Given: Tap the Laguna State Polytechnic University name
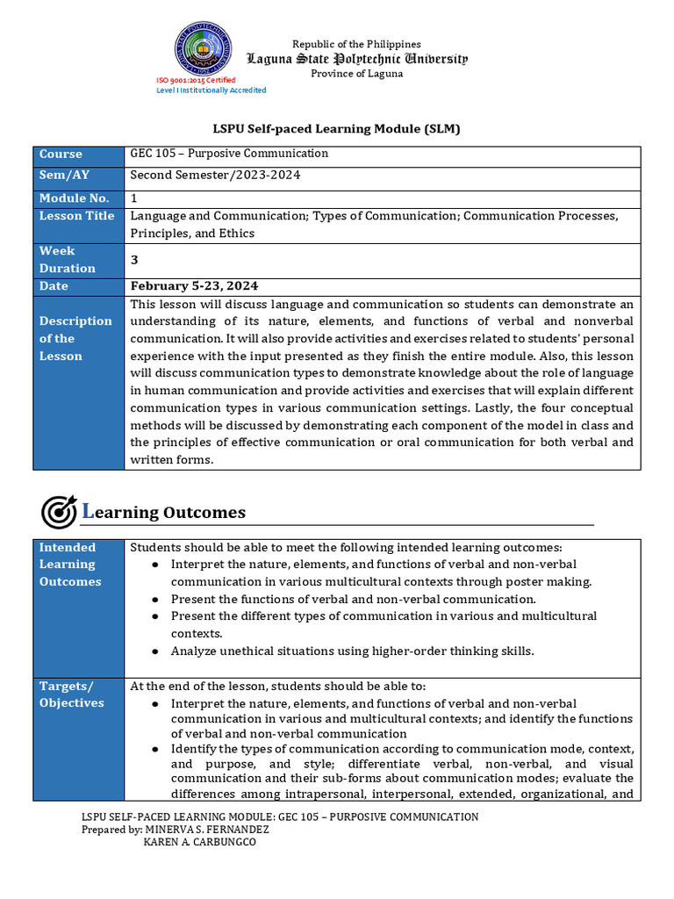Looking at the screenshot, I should [x=357, y=59].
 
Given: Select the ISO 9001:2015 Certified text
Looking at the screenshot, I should [x=196, y=80].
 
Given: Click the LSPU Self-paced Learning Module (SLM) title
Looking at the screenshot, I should [x=337, y=129].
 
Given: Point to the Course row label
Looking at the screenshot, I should [x=61, y=154].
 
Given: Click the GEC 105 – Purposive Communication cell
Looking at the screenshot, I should [x=229, y=154].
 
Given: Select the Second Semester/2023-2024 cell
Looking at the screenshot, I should [x=215, y=175].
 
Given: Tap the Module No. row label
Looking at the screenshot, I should [x=74, y=198].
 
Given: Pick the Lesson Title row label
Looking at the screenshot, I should [x=76, y=216].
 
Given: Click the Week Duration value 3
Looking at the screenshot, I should [x=134, y=260].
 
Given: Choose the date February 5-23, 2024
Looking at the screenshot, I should [x=194, y=286].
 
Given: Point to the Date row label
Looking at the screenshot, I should [x=54, y=286].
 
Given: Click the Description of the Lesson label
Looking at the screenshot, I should [x=75, y=338].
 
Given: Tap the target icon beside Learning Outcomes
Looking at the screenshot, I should [x=60, y=512].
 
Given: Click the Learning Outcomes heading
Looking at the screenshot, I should [x=164, y=512].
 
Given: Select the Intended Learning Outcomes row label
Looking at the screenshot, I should [x=70, y=565].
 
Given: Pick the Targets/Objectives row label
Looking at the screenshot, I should [x=71, y=694].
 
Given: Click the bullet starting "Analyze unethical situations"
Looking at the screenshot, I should [x=352, y=651].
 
